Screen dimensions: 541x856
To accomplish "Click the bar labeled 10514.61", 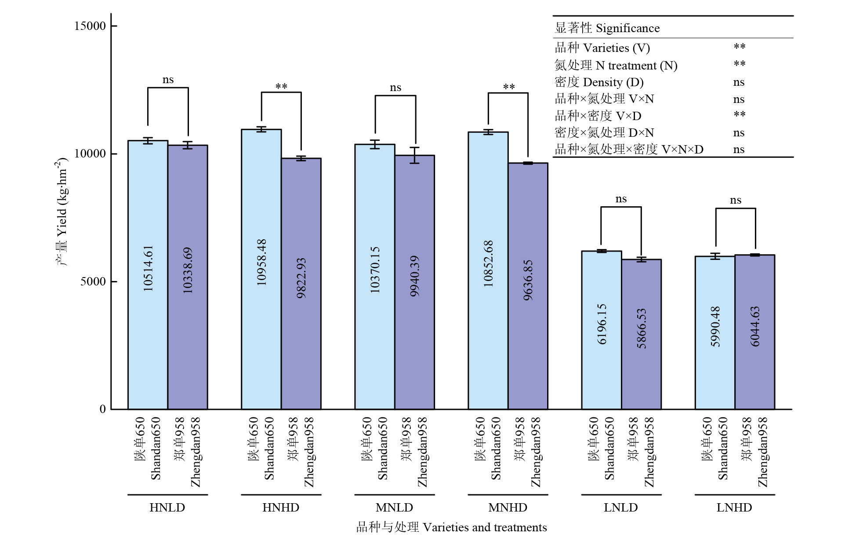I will (x=148, y=275).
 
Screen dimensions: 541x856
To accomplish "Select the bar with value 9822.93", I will (x=301, y=284).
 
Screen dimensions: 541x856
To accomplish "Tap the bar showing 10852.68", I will (x=488, y=270).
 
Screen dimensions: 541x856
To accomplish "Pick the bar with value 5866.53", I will (x=641, y=334).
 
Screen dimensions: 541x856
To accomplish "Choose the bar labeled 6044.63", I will (x=754, y=332).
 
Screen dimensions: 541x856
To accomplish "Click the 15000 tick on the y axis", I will (x=90, y=26).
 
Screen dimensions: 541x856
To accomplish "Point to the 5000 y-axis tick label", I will (x=93, y=281).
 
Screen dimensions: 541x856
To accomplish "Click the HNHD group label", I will (x=281, y=508).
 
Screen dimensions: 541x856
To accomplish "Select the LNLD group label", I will (x=620, y=508).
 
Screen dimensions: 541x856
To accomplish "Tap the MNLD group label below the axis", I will (x=394, y=508).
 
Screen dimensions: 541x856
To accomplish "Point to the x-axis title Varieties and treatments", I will (x=451, y=527).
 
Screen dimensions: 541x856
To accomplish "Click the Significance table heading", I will (x=607, y=28).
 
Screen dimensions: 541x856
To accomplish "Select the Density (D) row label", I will (x=599, y=82).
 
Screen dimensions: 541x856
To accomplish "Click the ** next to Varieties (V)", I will (x=740, y=47).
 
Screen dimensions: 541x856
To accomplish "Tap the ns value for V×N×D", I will (x=739, y=150).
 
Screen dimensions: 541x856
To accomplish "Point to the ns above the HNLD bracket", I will (x=168, y=80).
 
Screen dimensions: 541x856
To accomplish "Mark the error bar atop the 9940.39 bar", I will (x=415, y=155).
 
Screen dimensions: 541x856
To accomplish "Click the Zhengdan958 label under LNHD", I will (x=762, y=452).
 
